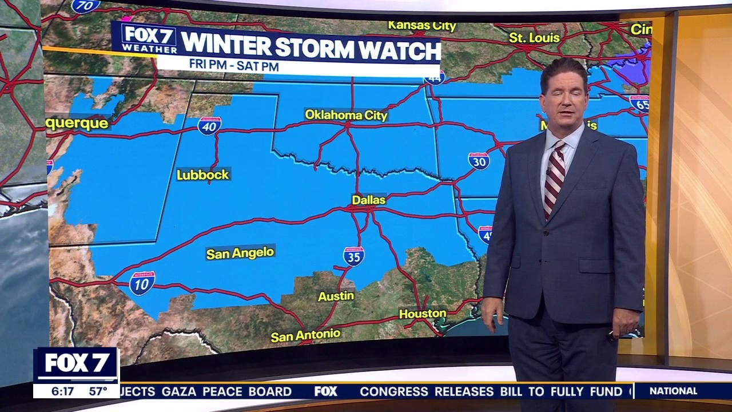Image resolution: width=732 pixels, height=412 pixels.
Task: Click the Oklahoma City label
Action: [346, 115]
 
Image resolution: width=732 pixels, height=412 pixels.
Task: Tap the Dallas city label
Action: [368, 200]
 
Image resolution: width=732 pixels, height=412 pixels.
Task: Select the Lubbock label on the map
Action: [202, 175]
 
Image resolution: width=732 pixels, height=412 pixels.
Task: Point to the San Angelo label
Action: [240, 253]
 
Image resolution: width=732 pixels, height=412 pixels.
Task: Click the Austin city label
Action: [336, 296]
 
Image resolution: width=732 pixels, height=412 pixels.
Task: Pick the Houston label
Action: [422, 314]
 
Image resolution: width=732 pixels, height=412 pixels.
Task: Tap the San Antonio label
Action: [305, 335]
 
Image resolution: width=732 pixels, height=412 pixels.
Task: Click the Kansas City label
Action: [422, 26]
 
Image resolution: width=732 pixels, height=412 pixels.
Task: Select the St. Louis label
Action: [535, 37]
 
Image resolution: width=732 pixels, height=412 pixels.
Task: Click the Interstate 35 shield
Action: [354, 256]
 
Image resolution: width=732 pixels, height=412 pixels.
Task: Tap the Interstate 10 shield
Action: [142, 283]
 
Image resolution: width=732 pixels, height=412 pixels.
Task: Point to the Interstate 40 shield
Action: [209, 125]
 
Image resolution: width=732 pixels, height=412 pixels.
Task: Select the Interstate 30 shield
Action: [478, 161]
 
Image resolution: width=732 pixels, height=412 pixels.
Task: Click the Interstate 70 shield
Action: [85, 6]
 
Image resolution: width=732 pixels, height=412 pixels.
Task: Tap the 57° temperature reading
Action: [98, 391]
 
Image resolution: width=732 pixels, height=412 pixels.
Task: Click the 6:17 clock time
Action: [62, 391]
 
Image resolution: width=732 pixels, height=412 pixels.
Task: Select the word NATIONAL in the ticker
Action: [673, 391]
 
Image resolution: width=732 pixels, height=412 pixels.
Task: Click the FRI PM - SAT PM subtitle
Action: [234, 66]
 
